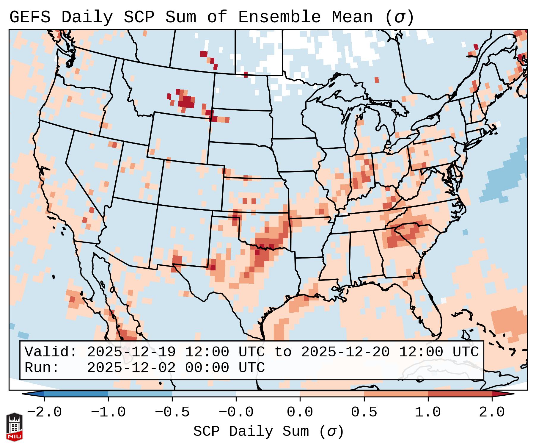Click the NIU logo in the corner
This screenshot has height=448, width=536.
coord(14,427)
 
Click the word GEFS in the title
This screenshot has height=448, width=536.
coord(30,17)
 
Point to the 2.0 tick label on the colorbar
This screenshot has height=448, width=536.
coord(492,412)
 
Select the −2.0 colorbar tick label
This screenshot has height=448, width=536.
coord(44,412)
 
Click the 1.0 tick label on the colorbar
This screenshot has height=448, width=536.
coord(428,412)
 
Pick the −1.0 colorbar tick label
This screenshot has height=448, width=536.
coord(108,412)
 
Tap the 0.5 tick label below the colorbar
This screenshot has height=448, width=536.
coord(364,412)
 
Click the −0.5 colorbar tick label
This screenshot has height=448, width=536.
coord(172,412)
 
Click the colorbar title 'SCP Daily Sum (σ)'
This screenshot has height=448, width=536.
coord(268,432)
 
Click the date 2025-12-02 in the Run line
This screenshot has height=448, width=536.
coord(131,368)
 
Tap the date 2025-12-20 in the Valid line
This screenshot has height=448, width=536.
coord(345,352)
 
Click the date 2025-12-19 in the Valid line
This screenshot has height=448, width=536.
coord(131,352)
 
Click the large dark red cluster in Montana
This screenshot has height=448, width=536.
coord(186,101)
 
